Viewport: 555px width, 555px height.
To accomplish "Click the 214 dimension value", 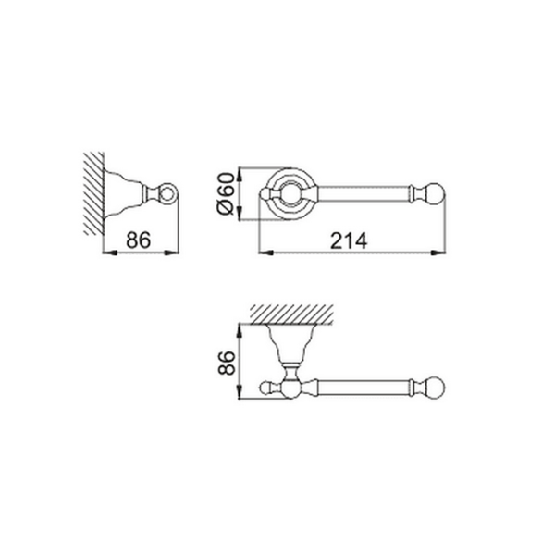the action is pyautogui.click(x=349, y=241).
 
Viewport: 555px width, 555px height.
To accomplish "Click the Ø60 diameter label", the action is pyautogui.click(x=226, y=193).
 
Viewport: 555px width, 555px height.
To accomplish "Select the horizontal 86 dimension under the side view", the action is pyautogui.click(x=139, y=240).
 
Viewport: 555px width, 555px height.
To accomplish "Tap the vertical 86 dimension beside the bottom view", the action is pyautogui.click(x=227, y=363).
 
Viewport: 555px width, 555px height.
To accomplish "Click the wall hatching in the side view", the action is pyautogui.click(x=94, y=193).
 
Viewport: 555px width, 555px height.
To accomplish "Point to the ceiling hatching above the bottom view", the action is pyautogui.click(x=291, y=314).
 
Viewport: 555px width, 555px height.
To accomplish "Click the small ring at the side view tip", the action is pyautogui.click(x=167, y=194).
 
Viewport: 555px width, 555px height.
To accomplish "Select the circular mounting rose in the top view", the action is pyautogui.click(x=291, y=194).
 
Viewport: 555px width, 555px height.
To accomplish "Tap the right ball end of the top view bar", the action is pyautogui.click(x=436, y=194).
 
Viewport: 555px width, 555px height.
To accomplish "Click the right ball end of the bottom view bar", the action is pyautogui.click(x=435, y=388).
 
